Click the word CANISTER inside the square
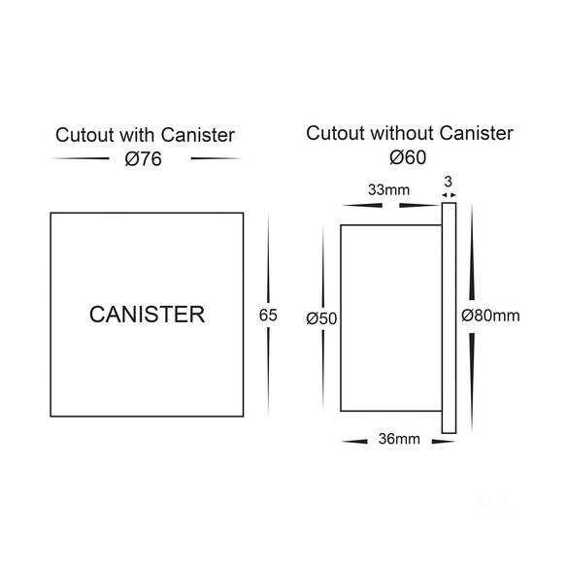click(147, 315)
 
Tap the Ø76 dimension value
click(143, 159)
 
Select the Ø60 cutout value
click(408, 157)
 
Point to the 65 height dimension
click(268, 315)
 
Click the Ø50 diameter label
click(321, 318)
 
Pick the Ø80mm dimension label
click(490, 316)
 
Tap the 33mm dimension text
click(388, 190)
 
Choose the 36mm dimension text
click(399, 439)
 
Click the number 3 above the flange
click(448, 182)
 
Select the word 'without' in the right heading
click(402, 133)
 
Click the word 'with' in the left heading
click(138, 135)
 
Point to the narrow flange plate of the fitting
click(449, 317)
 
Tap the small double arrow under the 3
click(449, 195)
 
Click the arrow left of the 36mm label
click(354, 442)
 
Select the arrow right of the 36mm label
click(444, 442)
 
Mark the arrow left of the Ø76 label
click(81, 158)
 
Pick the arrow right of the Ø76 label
click(217, 158)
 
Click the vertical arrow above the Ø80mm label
click(472, 252)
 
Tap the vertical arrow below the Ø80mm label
click(472, 382)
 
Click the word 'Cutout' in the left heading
click(84, 135)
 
